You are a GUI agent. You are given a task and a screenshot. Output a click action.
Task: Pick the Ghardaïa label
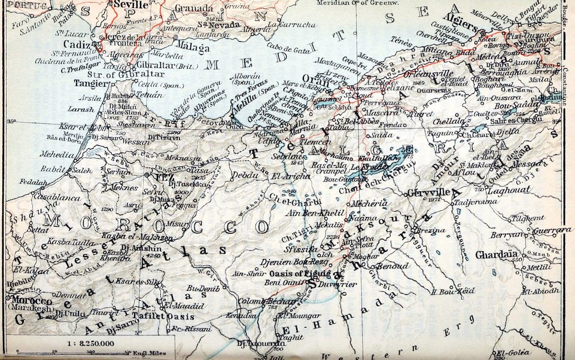click(496, 255)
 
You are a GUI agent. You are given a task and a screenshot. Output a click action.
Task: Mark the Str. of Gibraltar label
click(136, 74)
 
